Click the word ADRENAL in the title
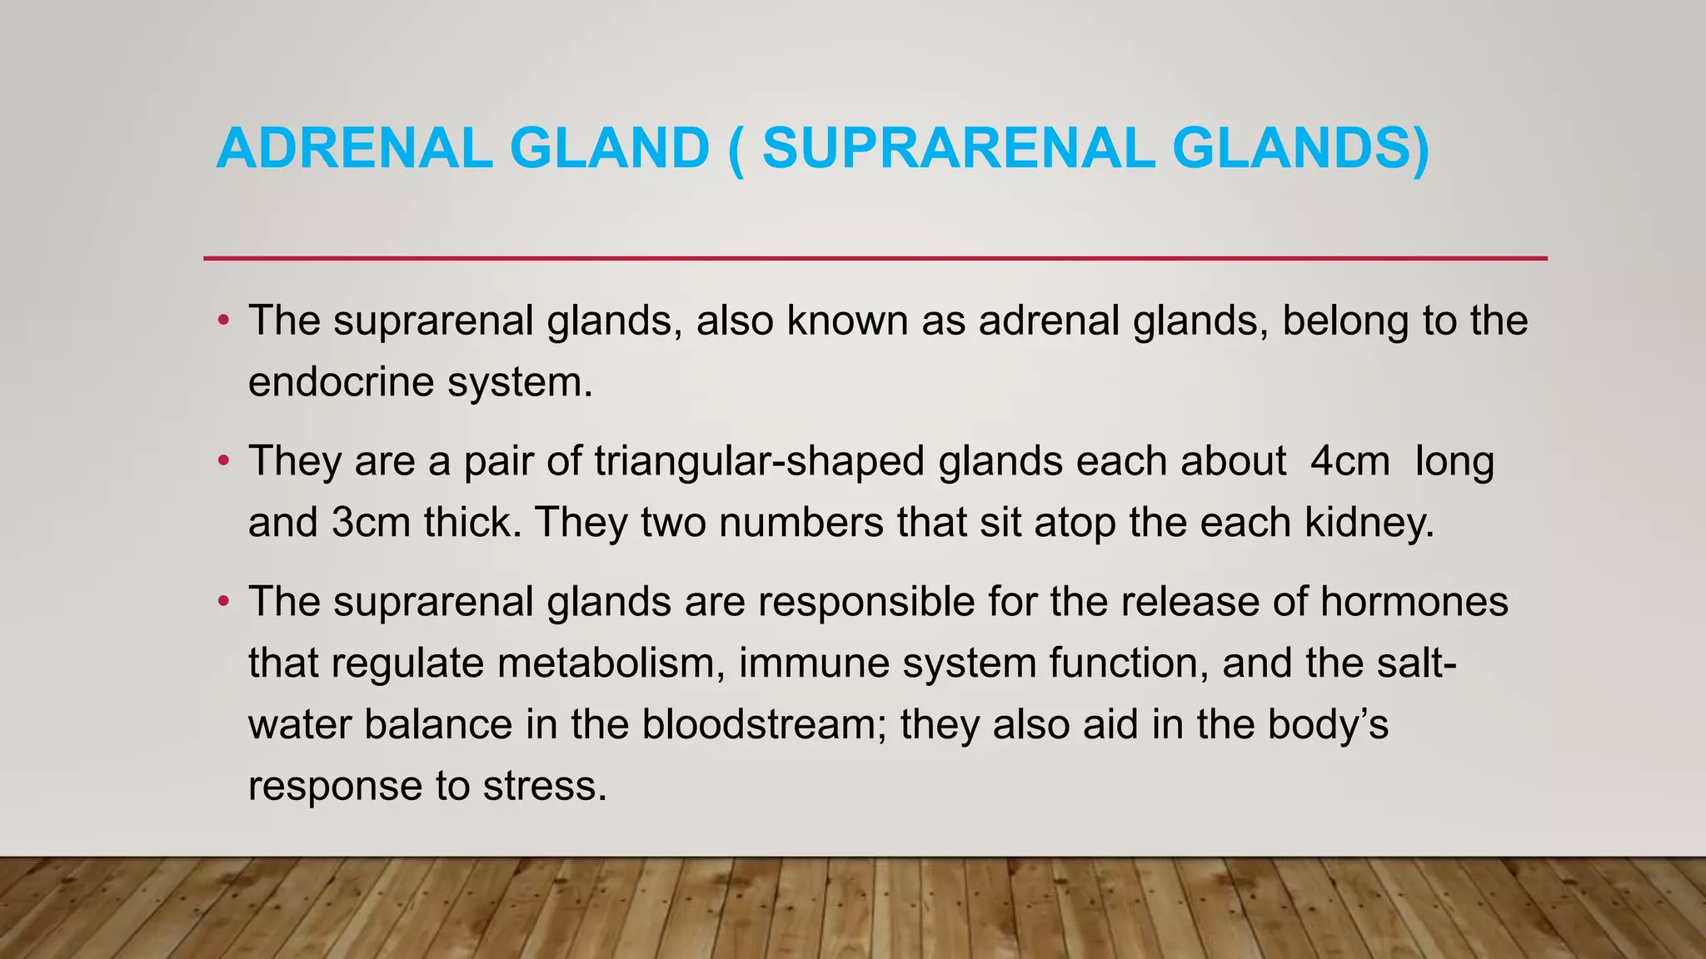pyautogui.click(x=354, y=148)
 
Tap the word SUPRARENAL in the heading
pyautogui.click(x=958, y=148)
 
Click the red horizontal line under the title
pyautogui.click(x=875, y=259)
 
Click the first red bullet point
pyautogui.click(x=222, y=321)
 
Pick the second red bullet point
pyautogui.click(x=222, y=461)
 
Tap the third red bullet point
pyautogui.click(x=222, y=602)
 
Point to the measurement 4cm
pyautogui.click(x=1349, y=461)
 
